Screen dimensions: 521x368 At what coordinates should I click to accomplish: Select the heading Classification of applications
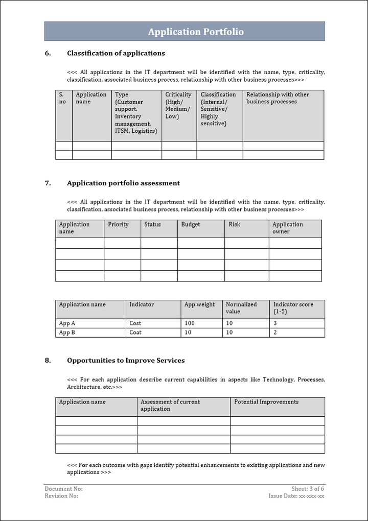(x=116, y=53)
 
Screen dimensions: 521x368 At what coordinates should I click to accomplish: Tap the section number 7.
(x=48, y=183)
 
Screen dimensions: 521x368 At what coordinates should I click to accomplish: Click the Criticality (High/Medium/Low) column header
(x=178, y=105)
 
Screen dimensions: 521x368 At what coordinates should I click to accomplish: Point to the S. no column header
(x=62, y=98)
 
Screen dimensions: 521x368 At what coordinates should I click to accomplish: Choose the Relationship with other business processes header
(x=278, y=98)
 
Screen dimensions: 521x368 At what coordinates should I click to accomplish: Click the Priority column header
(x=119, y=224)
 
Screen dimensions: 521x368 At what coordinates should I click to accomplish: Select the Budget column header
(x=191, y=224)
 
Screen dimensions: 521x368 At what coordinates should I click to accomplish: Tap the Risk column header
(x=235, y=224)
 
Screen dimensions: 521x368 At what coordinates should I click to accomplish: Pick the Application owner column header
(x=288, y=228)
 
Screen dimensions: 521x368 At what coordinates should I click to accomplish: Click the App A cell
(x=67, y=323)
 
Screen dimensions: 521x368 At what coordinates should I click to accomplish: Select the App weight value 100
(x=190, y=323)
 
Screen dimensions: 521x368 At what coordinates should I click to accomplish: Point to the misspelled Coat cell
(x=135, y=333)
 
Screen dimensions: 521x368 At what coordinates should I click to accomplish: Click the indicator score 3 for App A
(x=275, y=323)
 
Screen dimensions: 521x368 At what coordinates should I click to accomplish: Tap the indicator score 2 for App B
(x=275, y=333)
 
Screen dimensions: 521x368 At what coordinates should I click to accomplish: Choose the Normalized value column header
(x=241, y=308)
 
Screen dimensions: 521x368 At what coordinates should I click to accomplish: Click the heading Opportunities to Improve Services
(x=126, y=361)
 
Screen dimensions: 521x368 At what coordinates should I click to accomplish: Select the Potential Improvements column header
(x=266, y=402)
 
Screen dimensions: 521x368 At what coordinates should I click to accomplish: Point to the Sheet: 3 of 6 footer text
(x=308, y=489)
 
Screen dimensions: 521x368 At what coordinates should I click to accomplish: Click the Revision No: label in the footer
(x=61, y=496)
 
